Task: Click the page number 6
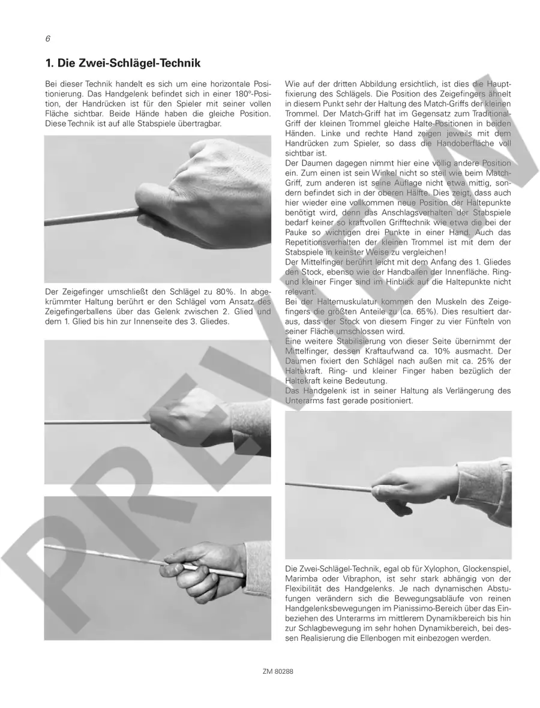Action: pyautogui.click(x=48, y=39)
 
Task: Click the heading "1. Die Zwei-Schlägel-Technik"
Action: pyautogui.click(x=123, y=63)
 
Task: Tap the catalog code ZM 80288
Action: pyautogui.click(x=278, y=671)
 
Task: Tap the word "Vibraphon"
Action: pyautogui.click(x=352, y=579)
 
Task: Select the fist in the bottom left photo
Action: pyautogui.click(x=199, y=569)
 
